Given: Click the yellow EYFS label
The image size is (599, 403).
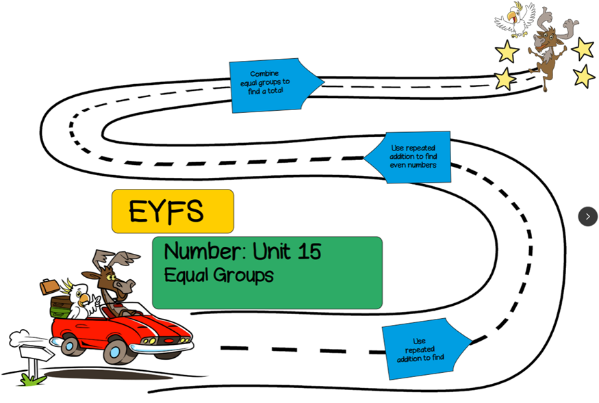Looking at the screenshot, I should coord(172,211).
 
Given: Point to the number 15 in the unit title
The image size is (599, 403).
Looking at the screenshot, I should coord(309,252).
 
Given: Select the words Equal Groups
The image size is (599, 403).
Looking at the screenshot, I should coord(218,275).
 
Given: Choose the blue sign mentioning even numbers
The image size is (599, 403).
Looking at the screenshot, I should coord(411,157).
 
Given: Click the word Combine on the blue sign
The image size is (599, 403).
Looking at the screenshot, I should coord(264,74).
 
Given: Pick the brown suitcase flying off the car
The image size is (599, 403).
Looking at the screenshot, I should coord(49,286).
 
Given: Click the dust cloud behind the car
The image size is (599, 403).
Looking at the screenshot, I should coord(21,338).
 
